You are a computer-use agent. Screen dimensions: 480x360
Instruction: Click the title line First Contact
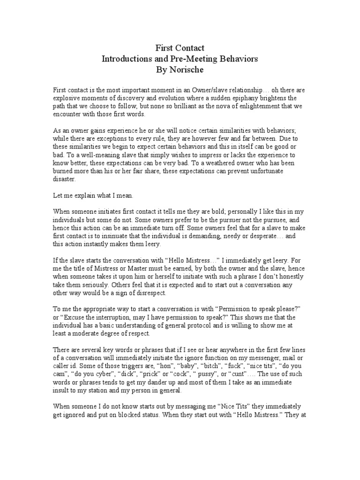[x=180, y=48]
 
